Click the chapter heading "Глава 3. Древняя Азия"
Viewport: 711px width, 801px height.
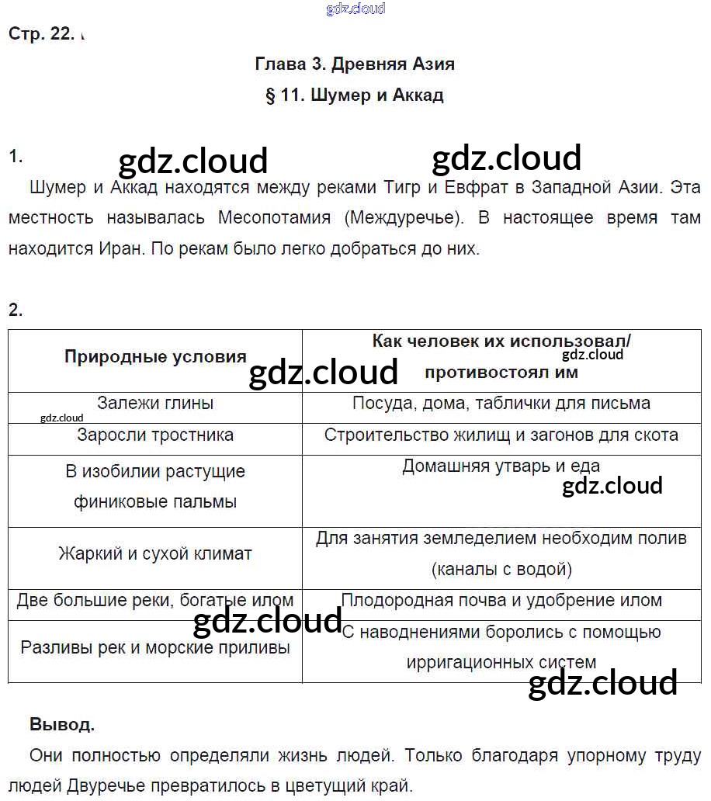tap(355, 64)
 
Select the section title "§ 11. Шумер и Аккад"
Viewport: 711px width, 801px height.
tap(355, 95)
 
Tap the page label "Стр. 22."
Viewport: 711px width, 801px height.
tap(42, 34)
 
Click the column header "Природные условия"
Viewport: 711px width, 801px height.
tap(155, 357)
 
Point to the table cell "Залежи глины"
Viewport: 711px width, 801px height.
tap(155, 404)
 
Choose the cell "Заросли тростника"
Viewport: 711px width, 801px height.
tap(155, 435)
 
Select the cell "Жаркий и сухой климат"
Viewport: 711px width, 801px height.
tap(155, 554)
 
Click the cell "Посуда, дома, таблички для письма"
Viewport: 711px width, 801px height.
tap(501, 404)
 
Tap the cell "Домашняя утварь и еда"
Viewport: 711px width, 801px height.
tap(501, 466)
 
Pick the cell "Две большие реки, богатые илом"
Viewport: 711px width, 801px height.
tap(155, 601)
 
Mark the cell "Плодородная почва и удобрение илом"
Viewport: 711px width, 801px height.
tap(501, 601)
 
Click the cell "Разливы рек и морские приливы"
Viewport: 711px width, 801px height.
tap(155, 647)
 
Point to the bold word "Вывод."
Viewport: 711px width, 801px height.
tap(62, 725)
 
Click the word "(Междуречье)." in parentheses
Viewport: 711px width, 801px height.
tap(402, 218)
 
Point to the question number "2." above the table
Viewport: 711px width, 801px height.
tap(16, 310)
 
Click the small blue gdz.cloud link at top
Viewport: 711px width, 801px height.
tap(355, 9)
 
